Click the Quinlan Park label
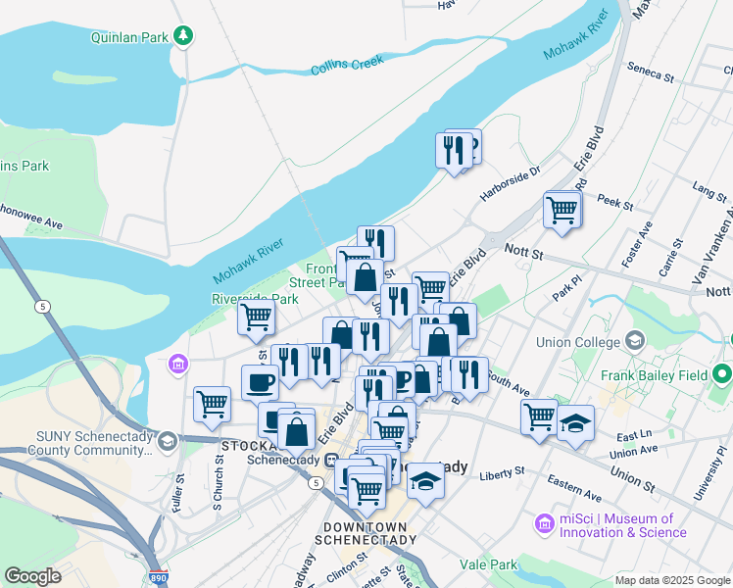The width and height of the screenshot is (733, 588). [129, 37]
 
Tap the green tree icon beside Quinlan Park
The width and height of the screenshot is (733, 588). [182, 36]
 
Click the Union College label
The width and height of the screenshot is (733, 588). [578, 342]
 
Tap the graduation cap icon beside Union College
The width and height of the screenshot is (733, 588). [634, 341]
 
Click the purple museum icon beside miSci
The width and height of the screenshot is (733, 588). [544, 525]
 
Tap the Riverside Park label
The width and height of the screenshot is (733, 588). [255, 299]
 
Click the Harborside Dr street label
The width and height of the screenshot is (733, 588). [511, 184]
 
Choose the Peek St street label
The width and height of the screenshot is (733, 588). [615, 203]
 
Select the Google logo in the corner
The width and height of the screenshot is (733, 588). [32, 576]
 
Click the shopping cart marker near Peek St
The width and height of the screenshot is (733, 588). [562, 209]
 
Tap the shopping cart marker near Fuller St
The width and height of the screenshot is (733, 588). [212, 403]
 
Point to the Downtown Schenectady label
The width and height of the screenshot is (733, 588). [368, 533]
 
